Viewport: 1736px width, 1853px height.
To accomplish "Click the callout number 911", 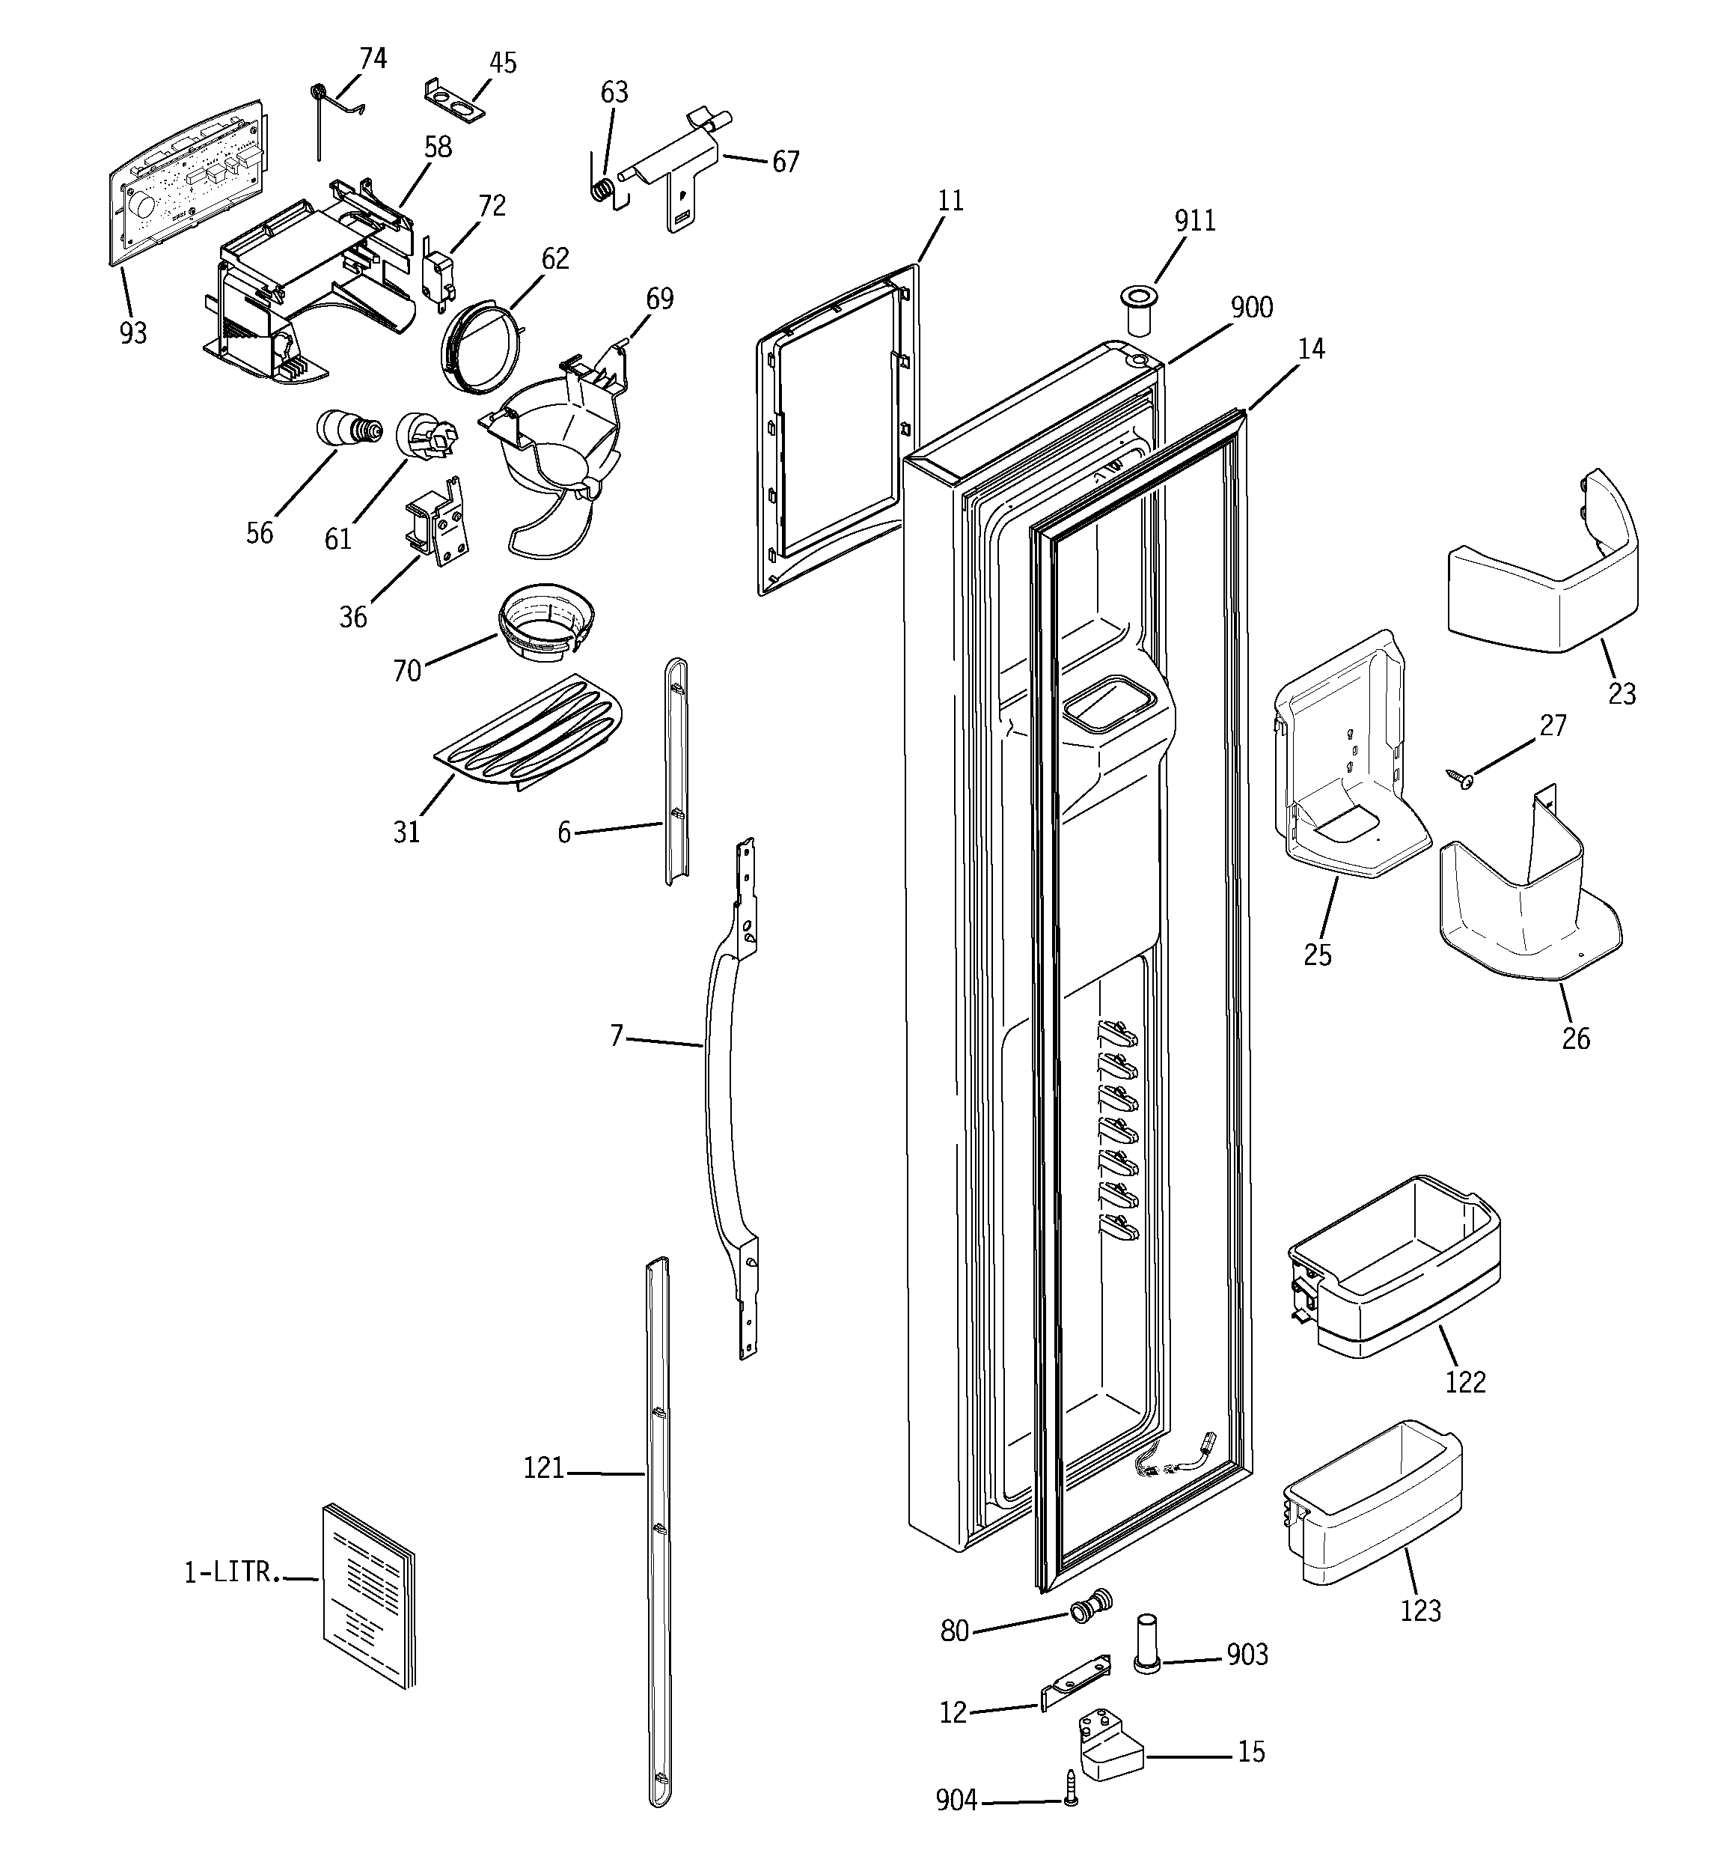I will pos(1194,221).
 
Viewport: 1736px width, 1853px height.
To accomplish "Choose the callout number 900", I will pos(1250,308).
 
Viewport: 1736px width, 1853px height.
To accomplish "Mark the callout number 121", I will pos(543,1469).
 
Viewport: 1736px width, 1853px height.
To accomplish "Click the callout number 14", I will pos(1310,349).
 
